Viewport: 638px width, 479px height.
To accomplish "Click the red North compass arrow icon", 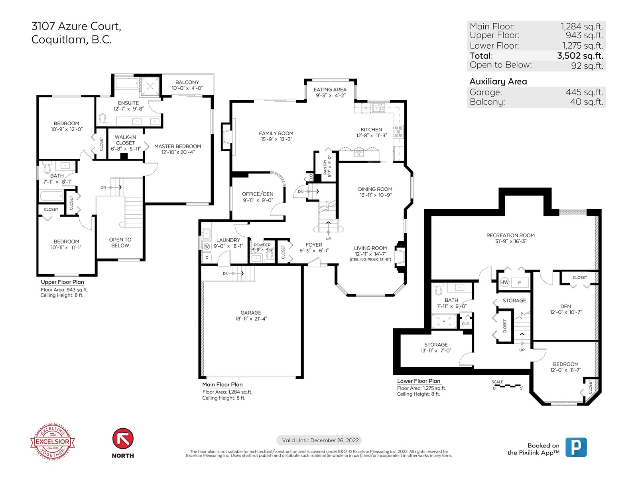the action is (x=123, y=438).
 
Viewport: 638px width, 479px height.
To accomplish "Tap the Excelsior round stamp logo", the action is (x=53, y=441).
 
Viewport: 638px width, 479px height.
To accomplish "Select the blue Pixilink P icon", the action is (x=576, y=447).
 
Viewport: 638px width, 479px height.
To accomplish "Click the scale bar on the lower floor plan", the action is (x=507, y=386).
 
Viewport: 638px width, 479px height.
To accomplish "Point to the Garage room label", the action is (x=251, y=313).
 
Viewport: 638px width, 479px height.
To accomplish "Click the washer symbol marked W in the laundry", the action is (x=207, y=246).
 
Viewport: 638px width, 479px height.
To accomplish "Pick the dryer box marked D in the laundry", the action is (x=207, y=258).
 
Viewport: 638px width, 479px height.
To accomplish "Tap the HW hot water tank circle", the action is (x=504, y=282).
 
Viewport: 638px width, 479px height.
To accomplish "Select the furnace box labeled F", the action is (x=520, y=282).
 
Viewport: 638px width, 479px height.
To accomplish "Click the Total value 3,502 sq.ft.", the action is (x=580, y=55).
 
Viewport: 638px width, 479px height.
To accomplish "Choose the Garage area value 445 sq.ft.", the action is (x=584, y=92).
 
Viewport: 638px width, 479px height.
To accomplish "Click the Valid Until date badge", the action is (x=319, y=440).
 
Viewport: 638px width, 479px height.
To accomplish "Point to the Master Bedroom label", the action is (x=177, y=146).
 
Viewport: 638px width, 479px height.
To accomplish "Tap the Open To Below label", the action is (x=120, y=243).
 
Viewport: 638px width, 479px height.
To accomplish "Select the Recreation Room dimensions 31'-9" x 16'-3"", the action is (x=511, y=241).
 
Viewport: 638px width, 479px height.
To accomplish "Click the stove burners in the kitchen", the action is (x=398, y=131).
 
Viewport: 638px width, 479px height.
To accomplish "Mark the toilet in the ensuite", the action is (x=102, y=120).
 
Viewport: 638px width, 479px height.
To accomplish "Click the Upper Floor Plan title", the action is (x=63, y=282).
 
